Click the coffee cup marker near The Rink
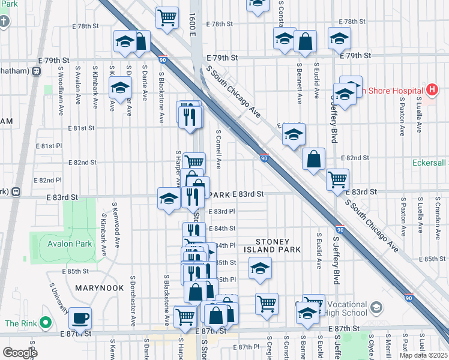point(80,319)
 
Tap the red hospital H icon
point(431,90)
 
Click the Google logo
point(20,353)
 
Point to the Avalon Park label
point(70,244)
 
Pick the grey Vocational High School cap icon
point(376,308)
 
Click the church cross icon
point(5,22)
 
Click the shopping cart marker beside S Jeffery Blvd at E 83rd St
point(338,178)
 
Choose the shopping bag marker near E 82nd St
point(313,160)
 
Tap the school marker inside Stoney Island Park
point(259,268)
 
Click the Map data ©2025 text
point(423,355)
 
